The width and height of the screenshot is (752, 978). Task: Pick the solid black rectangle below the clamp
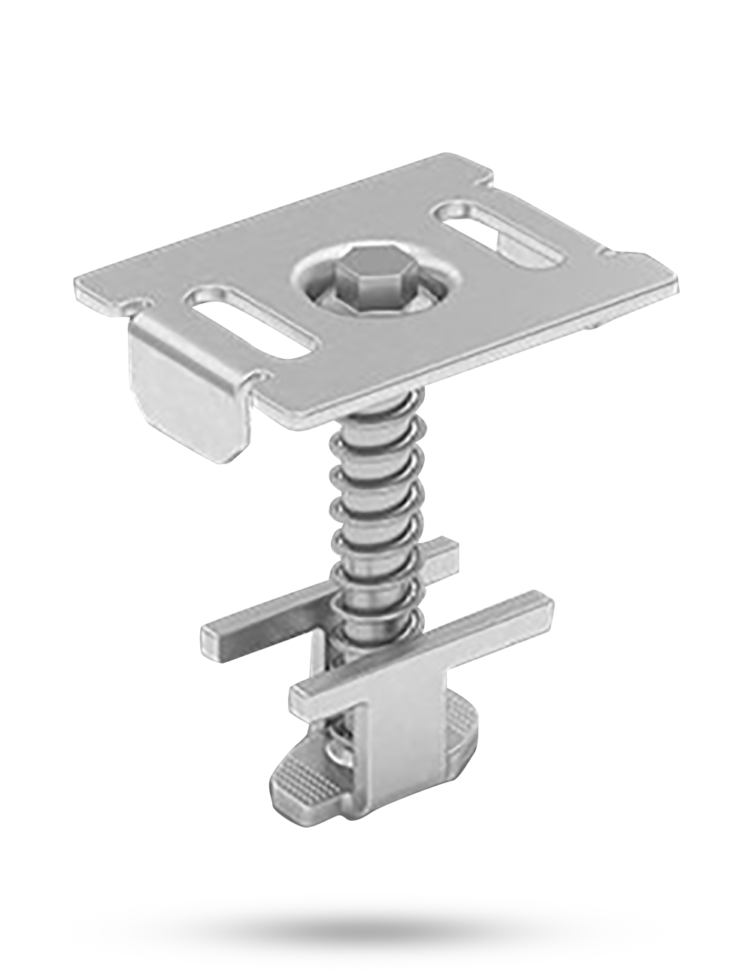pyautogui.click(x=365, y=931)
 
